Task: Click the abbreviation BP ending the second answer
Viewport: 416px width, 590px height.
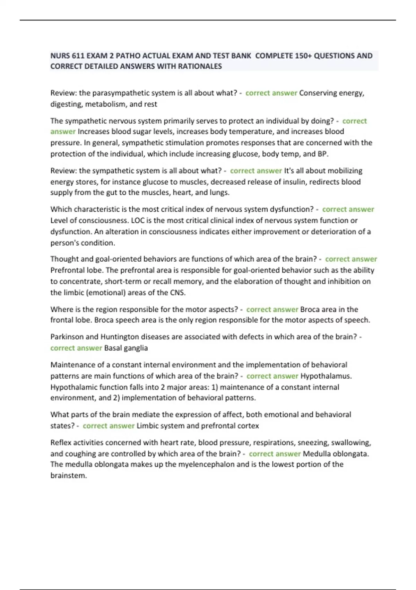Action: pyautogui.click(x=322, y=154)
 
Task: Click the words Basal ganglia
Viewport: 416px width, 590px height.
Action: pyautogui.click(x=126, y=348)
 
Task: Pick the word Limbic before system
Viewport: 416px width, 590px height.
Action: pyautogui.click(x=148, y=426)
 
